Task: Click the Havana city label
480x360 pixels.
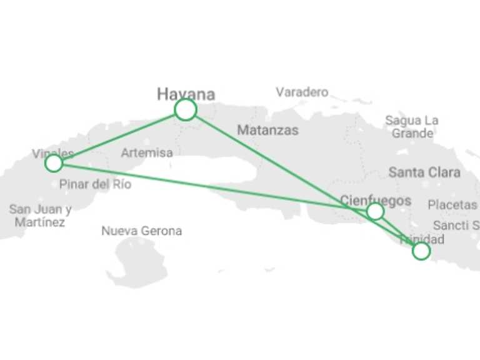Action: [x=186, y=94]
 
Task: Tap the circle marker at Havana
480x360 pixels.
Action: [x=186, y=110]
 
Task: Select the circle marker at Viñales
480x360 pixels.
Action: [x=54, y=164]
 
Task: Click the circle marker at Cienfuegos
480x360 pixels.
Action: [x=375, y=211]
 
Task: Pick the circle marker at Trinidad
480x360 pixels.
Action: [x=421, y=251]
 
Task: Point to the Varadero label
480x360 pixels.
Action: [x=302, y=92]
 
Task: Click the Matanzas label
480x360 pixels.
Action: [x=267, y=131]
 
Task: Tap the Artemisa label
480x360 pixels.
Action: [x=147, y=152]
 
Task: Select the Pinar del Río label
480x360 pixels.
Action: [x=96, y=184]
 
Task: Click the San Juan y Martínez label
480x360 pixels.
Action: [x=40, y=216]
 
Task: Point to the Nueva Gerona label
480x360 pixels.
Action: [x=142, y=231]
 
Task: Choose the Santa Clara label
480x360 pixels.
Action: [x=424, y=172]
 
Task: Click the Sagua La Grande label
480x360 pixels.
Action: [x=412, y=127]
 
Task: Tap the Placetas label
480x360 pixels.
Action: [x=452, y=205]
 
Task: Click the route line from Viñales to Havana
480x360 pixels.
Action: [x=119, y=137]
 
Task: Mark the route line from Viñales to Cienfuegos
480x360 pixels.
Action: [x=212, y=187]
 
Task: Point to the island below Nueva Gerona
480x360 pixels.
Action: [x=134, y=262]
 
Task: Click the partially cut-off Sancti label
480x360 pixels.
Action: [x=456, y=225]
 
